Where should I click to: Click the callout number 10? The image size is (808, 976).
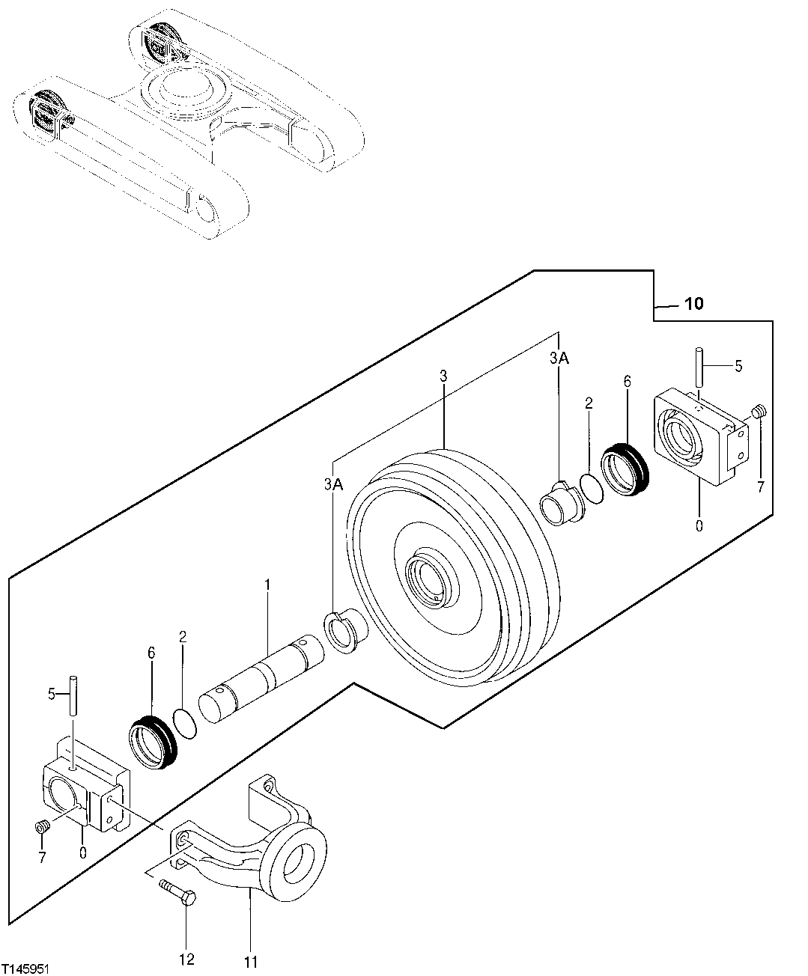[x=693, y=303]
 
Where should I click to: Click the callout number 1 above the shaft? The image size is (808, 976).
[x=267, y=582]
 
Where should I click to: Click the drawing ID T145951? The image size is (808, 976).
[x=26, y=969]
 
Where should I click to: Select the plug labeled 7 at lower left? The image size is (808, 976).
[x=43, y=826]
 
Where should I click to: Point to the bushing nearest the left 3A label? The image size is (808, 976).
[x=344, y=631]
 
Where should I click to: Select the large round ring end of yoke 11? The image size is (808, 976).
[x=297, y=861]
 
